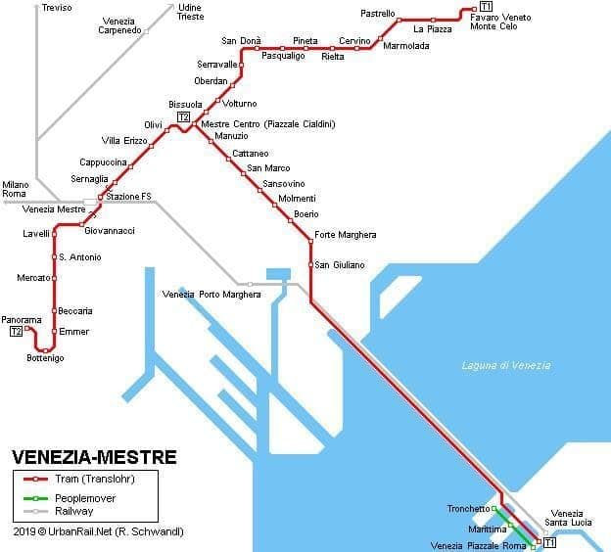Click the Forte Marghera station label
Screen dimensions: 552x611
(345, 235)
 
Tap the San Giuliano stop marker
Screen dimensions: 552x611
(311, 265)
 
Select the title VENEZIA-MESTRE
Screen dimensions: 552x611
(94, 457)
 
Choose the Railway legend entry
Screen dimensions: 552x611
(74, 511)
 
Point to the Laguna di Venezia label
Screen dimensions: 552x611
(505, 366)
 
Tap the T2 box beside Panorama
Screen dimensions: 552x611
(16, 332)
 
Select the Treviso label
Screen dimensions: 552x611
(57, 8)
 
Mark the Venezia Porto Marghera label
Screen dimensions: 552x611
(211, 295)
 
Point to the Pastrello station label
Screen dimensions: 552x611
(377, 14)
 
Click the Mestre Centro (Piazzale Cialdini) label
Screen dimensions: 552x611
(267, 124)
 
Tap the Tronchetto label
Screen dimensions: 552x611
(468, 509)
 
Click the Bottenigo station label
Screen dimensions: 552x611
(45, 359)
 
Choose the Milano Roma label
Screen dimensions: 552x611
(16, 189)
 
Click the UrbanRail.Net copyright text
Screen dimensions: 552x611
(98, 531)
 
